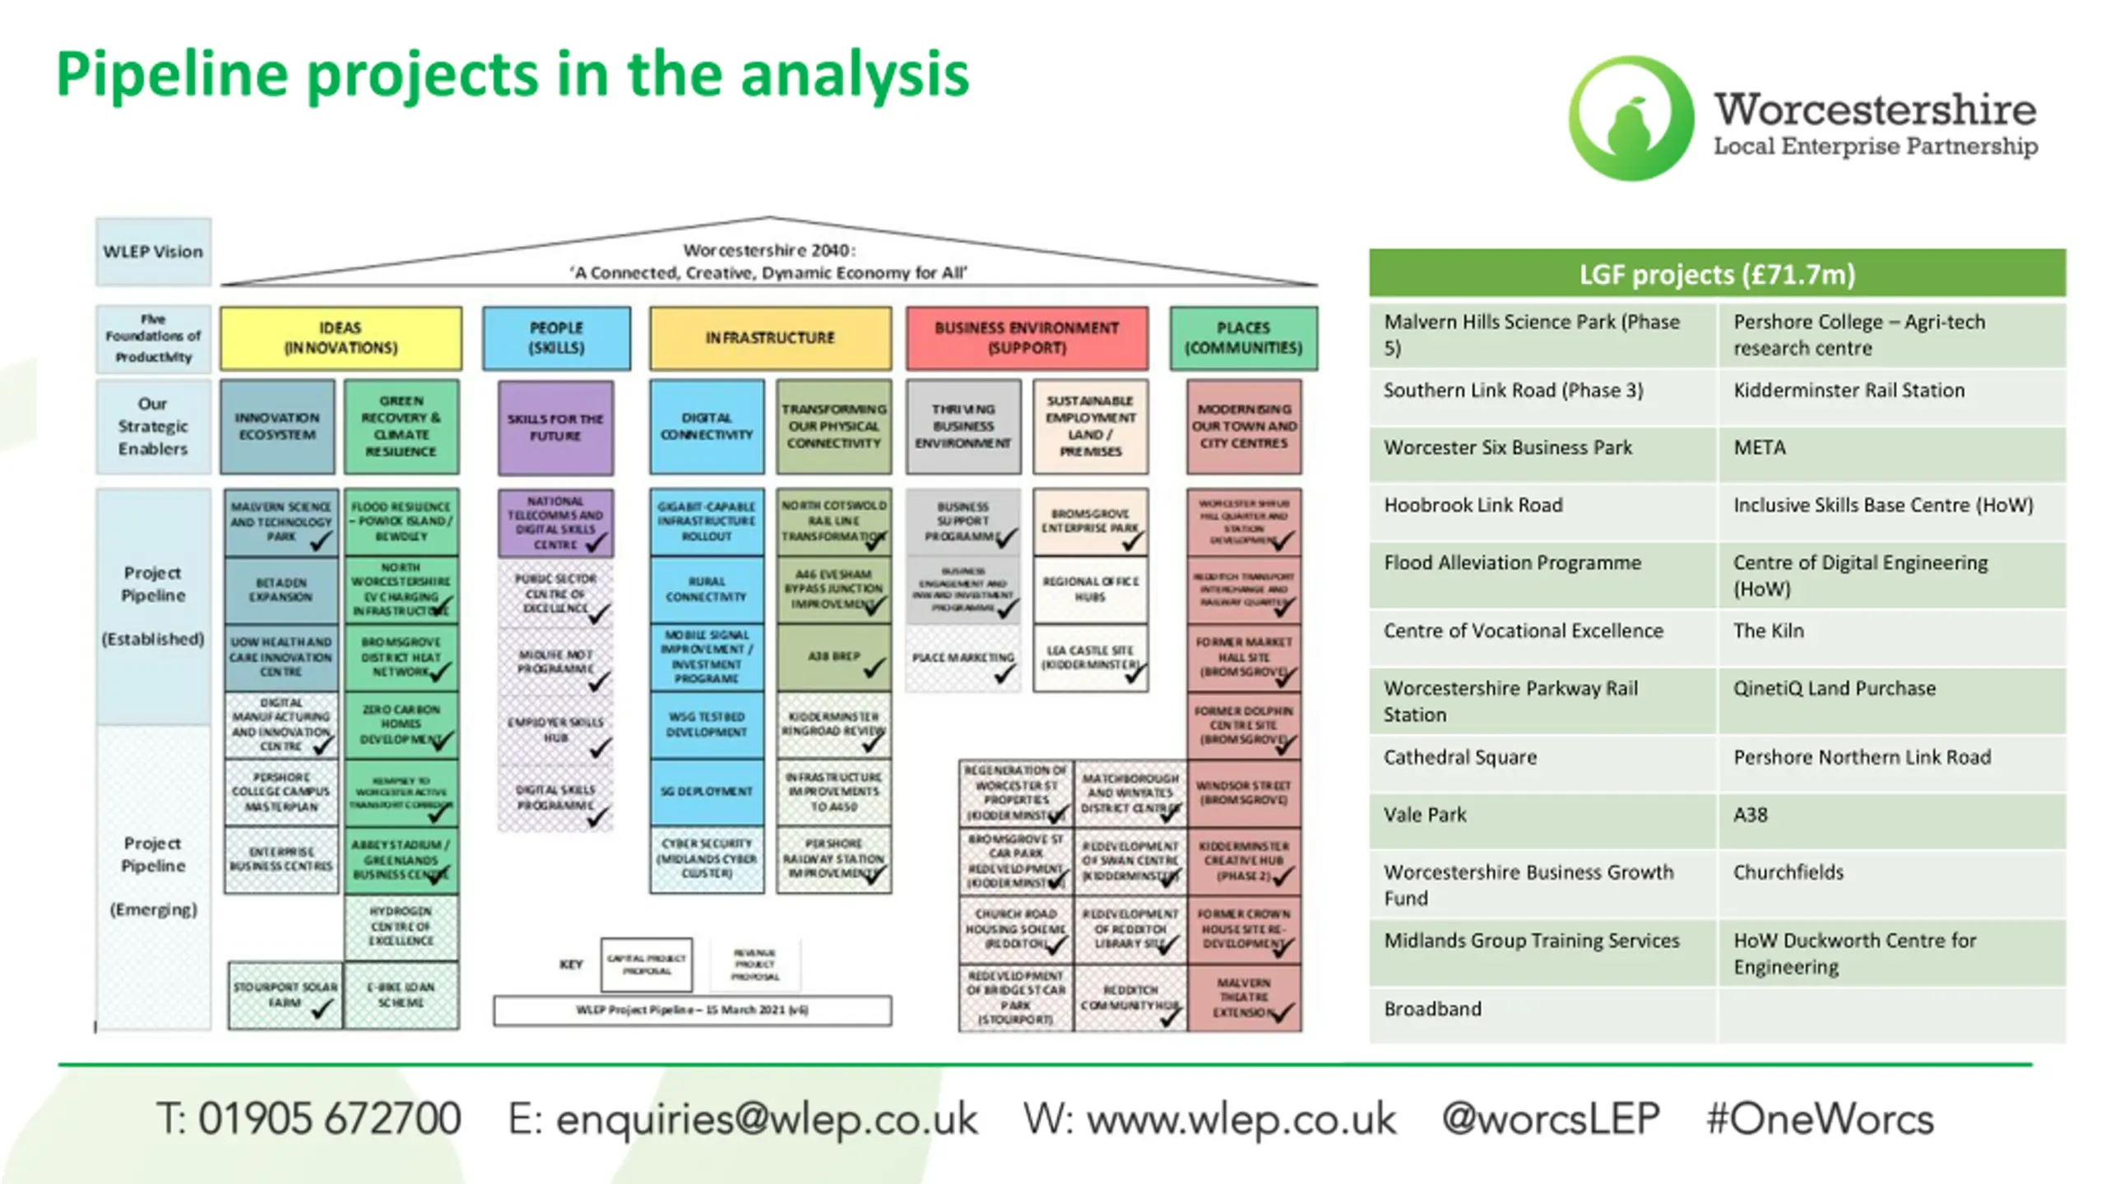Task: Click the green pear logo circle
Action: point(1631,118)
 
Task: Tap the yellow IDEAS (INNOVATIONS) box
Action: point(341,338)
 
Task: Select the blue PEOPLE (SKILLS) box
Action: point(556,338)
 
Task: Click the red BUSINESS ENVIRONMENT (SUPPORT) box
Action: point(1027,338)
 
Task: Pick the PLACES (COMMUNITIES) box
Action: point(1243,338)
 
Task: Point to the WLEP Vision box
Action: point(153,252)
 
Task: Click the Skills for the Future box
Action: point(555,428)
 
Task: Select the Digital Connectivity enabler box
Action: point(706,427)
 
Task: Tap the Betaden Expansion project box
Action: point(281,590)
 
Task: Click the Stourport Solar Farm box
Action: point(284,995)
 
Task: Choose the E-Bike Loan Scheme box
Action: point(401,995)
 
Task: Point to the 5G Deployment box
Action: point(706,792)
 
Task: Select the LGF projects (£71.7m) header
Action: point(1717,274)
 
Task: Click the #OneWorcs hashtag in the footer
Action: point(1820,1119)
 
